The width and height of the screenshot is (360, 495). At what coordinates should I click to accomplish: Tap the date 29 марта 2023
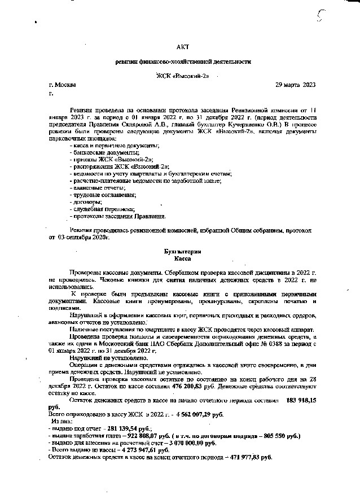295,85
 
